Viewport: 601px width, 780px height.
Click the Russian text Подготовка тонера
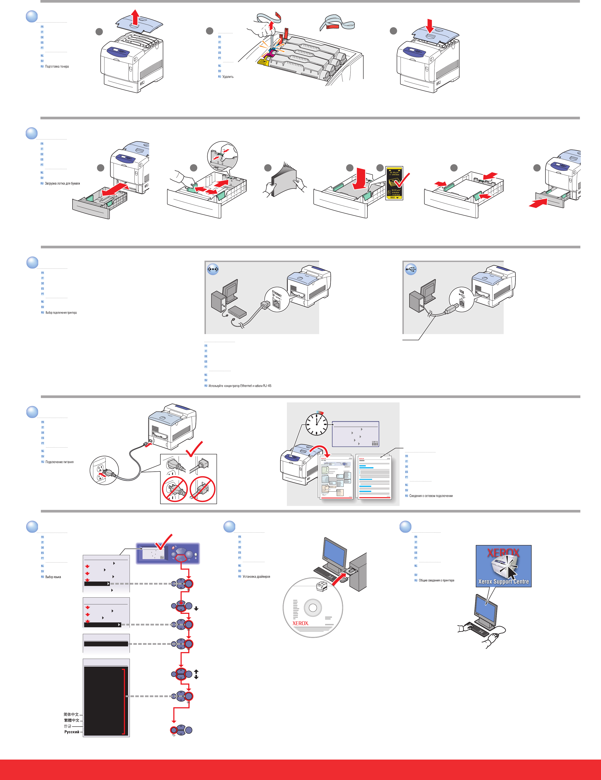(57, 66)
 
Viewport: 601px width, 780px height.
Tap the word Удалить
(228, 77)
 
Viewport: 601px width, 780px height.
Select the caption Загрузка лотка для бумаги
(62, 184)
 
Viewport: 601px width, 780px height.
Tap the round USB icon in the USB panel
(411, 269)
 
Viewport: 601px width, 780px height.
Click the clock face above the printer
(316, 424)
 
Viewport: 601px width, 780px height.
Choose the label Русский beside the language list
(72, 732)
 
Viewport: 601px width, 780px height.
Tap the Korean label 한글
(67, 726)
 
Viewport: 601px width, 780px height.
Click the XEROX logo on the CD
(300, 623)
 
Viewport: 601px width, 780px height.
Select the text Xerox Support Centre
(503, 582)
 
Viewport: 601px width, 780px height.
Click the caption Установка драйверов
(256, 577)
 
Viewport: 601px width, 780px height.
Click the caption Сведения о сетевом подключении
(431, 496)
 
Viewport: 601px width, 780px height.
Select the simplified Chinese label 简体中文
(71, 714)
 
